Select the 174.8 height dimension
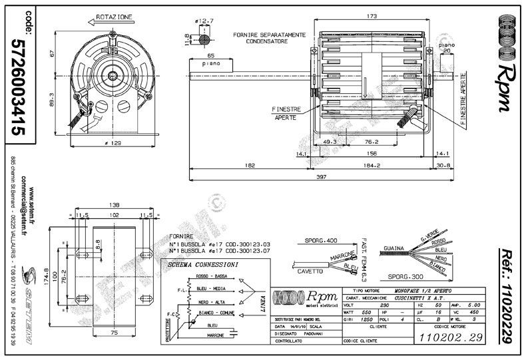coord(46,275)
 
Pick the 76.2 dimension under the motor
coord(372,142)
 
